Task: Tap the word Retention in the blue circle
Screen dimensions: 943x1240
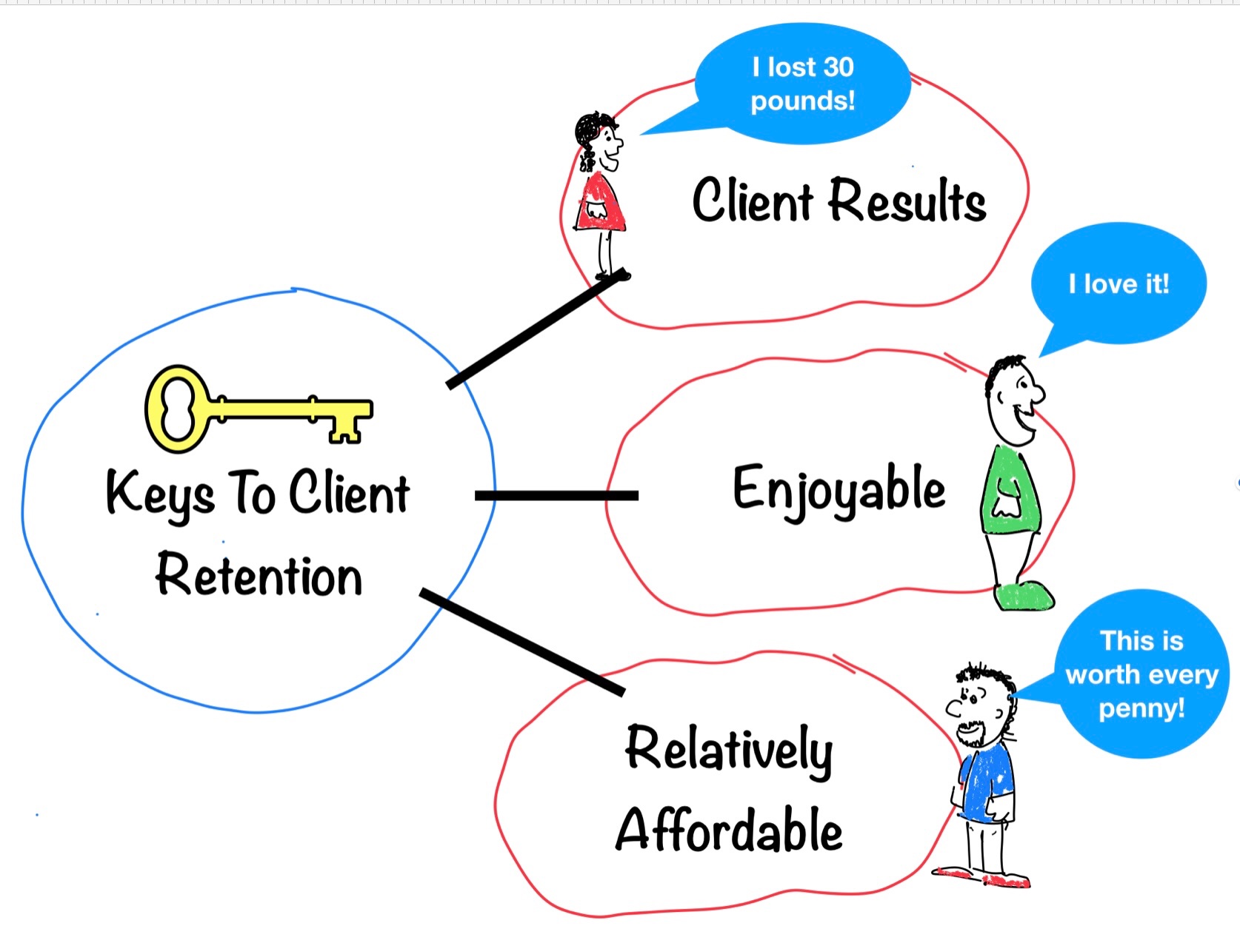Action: [259, 575]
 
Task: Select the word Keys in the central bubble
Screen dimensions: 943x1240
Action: [160, 493]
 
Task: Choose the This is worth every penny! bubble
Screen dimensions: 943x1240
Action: [1141, 674]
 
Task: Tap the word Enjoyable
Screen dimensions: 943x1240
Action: [839, 489]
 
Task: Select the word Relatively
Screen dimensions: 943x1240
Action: [729, 749]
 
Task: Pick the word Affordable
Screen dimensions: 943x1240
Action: [729, 830]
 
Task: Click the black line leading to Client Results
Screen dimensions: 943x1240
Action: [536, 329]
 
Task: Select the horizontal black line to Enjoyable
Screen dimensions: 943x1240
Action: [556, 495]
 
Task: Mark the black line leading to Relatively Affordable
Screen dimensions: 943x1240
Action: [522, 642]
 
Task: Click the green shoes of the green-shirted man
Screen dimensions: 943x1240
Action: [1024, 595]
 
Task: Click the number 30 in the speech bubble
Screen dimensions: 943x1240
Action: [838, 67]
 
